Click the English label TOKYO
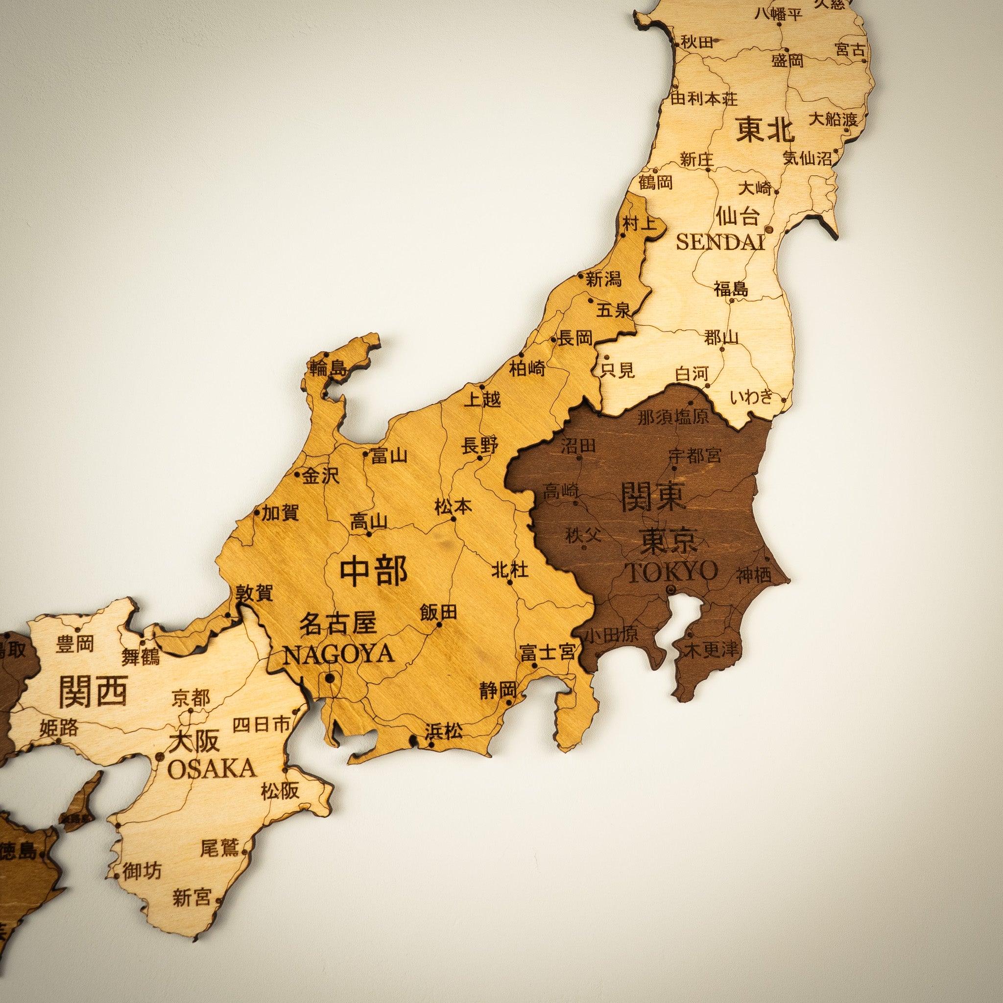click(x=673, y=572)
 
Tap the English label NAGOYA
click(x=338, y=655)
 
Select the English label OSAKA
click(x=212, y=769)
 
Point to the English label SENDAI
click(x=720, y=242)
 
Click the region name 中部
click(x=373, y=571)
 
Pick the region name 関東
click(x=654, y=496)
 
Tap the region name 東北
click(x=765, y=130)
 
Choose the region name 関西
click(x=94, y=692)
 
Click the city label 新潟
click(x=604, y=280)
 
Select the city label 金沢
click(x=321, y=476)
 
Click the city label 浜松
click(x=444, y=732)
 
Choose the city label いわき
click(x=751, y=397)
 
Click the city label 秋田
click(x=697, y=42)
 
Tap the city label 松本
click(x=454, y=507)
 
